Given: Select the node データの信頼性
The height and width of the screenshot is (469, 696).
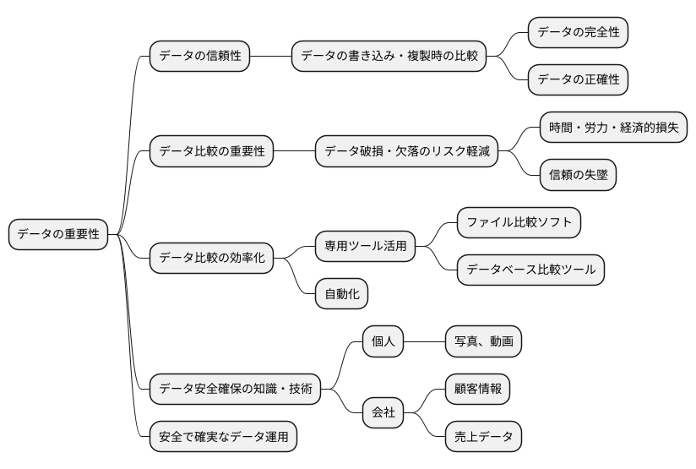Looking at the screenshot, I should (199, 57).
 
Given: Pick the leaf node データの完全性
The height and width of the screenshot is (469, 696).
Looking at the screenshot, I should (578, 33).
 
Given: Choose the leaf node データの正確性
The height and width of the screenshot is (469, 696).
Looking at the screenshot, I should (578, 80).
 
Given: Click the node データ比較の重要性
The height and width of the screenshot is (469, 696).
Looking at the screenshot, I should (211, 152).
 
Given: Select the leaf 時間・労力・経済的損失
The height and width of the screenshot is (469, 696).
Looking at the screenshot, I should (612, 128).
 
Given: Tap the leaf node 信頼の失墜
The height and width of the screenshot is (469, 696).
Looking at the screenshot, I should (578, 175).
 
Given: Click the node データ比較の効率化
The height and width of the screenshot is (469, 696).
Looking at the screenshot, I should (211, 258).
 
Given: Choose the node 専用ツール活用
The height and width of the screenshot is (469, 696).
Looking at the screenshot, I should (365, 246).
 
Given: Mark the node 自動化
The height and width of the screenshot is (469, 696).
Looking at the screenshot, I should (341, 293).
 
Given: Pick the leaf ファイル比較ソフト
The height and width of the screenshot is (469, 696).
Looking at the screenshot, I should (519, 222).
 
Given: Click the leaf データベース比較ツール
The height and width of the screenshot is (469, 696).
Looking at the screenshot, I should (530, 270).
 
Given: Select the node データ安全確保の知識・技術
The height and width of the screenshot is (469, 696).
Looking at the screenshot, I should (235, 390).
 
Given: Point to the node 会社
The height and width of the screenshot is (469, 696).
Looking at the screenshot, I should (383, 413).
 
